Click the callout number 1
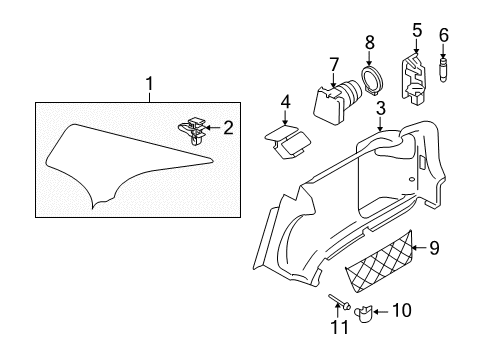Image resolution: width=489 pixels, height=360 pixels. [x=150, y=84]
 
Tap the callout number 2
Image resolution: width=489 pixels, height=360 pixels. [x=228, y=128]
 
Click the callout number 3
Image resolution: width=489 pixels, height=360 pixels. [x=381, y=108]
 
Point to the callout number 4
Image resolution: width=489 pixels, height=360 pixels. [x=285, y=102]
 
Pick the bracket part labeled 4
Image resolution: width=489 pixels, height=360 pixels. [x=288, y=142]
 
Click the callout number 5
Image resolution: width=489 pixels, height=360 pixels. [x=417, y=30]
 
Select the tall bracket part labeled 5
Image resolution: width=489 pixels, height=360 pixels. [x=413, y=78]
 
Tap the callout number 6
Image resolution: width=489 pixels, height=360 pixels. [x=444, y=35]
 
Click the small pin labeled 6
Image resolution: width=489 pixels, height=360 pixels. [x=444, y=71]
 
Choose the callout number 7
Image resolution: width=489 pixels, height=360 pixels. [x=334, y=65]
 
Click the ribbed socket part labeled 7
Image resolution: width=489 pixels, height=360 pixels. [x=338, y=102]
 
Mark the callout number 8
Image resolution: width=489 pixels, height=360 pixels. [x=370, y=42]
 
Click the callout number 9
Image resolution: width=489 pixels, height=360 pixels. [x=434, y=248]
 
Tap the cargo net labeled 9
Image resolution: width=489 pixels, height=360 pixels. [x=379, y=262]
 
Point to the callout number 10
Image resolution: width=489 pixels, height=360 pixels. [x=402, y=311]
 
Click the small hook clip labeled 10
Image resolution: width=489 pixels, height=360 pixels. [x=364, y=314]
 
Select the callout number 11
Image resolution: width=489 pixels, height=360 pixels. [x=340, y=327]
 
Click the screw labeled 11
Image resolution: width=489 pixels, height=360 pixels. [x=339, y=302]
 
